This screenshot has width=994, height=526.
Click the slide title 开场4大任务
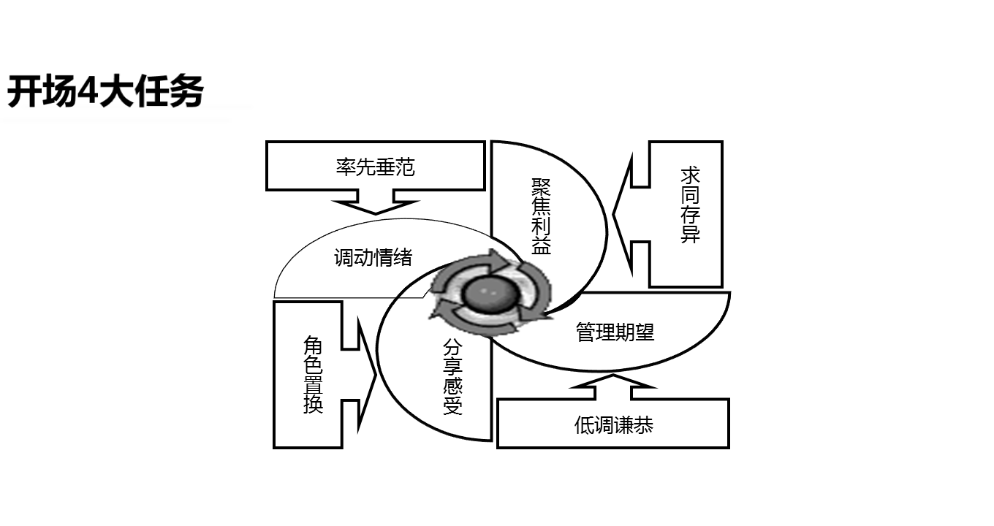point(105,93)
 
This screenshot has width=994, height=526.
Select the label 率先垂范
point(375,167)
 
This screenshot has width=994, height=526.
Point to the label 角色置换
point(313,375)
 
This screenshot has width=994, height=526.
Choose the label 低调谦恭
point(613,425)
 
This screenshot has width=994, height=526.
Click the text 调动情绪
point(373,257)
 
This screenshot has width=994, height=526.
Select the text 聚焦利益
point(541,216)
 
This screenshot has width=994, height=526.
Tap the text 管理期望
point(615,332)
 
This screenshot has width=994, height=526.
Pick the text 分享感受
point(452,377)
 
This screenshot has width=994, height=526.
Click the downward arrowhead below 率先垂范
point(376,206)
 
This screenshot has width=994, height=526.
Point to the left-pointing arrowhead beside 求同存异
point(621,215)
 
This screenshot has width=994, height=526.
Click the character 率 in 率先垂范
point(346,167)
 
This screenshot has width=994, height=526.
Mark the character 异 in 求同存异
point(690,234)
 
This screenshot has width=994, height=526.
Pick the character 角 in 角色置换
point(313,345)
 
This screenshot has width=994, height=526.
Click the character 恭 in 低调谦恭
point(643,425)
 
